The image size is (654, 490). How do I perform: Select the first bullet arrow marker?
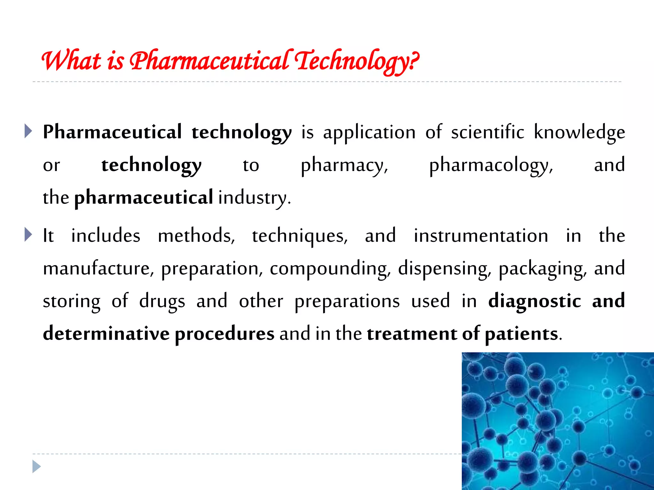coord(28,131)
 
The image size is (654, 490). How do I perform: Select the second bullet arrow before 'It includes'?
coord(28,235)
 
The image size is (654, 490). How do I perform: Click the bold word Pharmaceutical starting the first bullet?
coord(112,132)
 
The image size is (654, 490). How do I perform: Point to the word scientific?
coord(488,132)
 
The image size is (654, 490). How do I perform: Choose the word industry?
coord(254,198)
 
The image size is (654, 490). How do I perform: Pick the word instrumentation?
coord(481,236)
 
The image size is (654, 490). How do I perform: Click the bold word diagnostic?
coord(535,301)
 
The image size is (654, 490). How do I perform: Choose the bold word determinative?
coord(106,334)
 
